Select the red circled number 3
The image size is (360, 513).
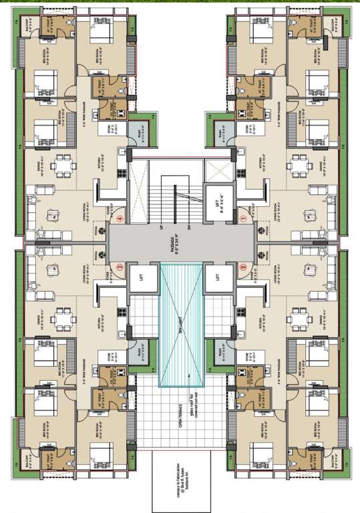pyautogui.click(x=120, y=268)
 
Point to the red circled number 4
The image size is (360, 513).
pyautogui.click(x=120, y=218)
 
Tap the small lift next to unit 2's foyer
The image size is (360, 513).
pyautogui.click(x=216, y=277)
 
